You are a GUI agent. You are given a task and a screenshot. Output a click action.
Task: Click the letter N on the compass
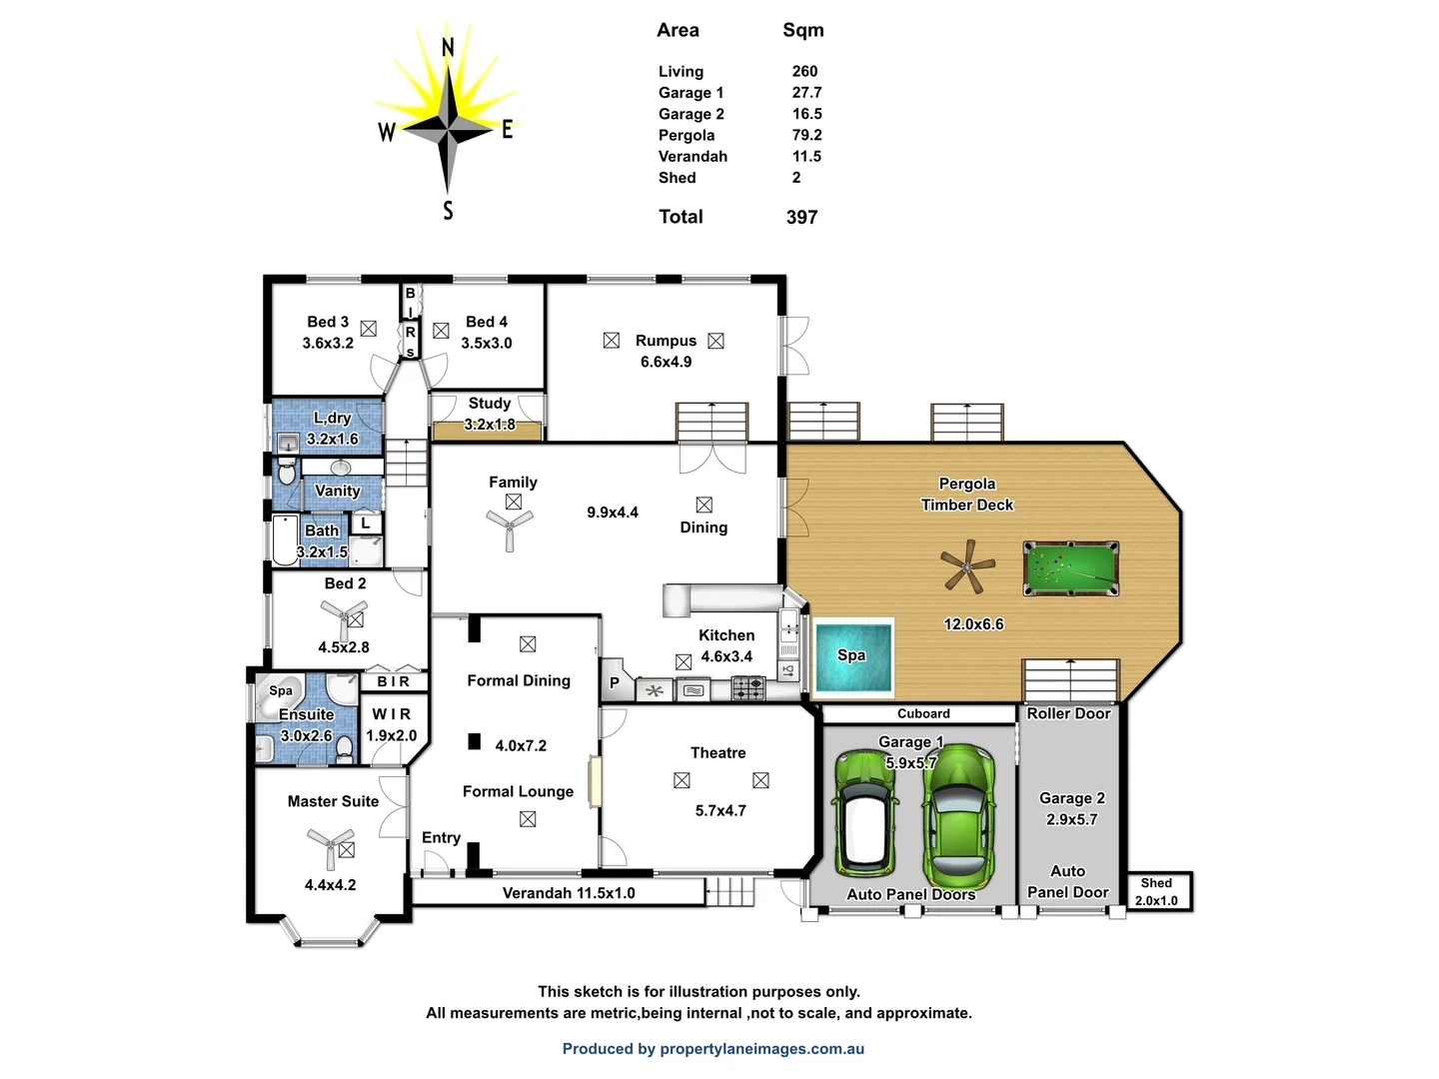(448, 47)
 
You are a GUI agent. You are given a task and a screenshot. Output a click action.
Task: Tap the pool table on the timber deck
(1070, 568)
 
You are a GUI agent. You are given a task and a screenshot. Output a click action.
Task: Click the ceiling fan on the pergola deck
(967, 567)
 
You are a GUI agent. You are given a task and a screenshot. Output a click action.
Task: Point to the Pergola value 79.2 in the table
(806, 135)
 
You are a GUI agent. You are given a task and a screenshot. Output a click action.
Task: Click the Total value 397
(801, 217)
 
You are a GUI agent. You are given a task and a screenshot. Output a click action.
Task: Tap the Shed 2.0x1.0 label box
(1157, 891)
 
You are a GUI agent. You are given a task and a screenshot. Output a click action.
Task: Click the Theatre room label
(718, 753)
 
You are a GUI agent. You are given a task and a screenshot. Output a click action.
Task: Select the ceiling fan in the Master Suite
(330, 845)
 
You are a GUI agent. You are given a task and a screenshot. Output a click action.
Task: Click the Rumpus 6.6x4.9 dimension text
(666, 362)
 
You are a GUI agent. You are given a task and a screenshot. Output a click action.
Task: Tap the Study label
(490, 404)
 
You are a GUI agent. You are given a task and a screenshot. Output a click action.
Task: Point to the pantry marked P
(614, 683)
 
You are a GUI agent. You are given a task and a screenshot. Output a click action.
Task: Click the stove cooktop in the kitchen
(748, 688)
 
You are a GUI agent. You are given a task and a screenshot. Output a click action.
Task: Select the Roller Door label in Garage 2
(1068, 713)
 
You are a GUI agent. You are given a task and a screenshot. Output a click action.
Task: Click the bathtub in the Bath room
(285, 540)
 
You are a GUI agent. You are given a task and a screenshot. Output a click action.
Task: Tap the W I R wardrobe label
(391, 714)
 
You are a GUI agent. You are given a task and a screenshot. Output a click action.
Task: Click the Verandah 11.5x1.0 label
(568, 893)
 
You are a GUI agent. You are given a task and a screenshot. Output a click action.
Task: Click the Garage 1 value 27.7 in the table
(806, 93)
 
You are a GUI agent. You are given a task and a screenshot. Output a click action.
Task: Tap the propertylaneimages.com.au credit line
(713, 1049)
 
